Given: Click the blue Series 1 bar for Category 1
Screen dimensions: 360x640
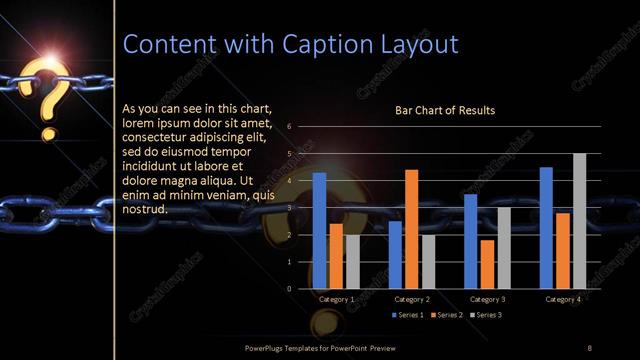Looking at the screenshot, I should coord(319,231).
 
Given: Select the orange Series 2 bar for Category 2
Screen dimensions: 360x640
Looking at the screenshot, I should coord(411,229).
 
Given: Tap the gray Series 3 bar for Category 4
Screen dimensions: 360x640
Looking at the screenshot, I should coord(579,221).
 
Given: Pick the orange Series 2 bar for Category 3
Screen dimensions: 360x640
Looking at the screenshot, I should coord(487,264).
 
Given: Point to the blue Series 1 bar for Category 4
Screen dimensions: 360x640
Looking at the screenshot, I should coord(546,228).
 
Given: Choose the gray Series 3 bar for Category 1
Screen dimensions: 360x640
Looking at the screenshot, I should coord(352,262).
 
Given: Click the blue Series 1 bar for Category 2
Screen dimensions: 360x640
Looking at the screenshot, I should coord(395,255).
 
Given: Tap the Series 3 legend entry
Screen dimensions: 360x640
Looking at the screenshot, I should coord(486,315).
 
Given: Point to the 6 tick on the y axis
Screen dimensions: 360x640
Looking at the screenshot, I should coord(289,127).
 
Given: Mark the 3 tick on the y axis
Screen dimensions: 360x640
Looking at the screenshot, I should coord(289,208).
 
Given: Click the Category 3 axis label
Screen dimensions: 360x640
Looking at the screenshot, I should coord(487,299).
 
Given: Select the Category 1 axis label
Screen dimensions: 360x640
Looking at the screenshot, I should coord(336,299).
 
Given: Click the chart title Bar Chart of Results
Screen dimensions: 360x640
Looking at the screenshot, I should coord(445,110).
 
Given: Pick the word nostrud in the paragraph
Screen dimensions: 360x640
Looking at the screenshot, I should coord(143,209).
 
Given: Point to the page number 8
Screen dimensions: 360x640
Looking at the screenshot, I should coord(589,347).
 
